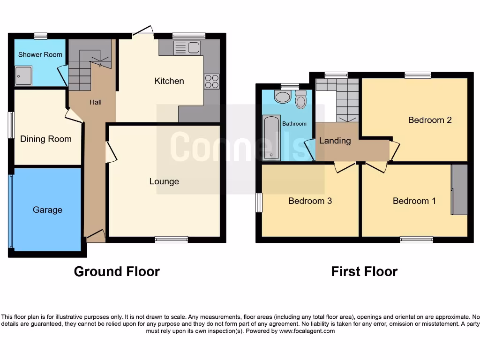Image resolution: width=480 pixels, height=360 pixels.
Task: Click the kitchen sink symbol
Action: pos(187,48)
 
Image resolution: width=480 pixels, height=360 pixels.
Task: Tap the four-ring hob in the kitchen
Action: pos(211,82)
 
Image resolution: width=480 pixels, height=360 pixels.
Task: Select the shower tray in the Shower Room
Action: pos(23,76)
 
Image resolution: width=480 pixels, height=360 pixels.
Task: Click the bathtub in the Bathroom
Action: pos(271,138)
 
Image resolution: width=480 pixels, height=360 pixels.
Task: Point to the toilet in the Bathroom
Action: pos(301,100)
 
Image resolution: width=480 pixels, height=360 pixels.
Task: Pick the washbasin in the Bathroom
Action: pos(282,97)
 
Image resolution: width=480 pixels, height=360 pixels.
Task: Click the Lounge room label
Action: pos(164,181)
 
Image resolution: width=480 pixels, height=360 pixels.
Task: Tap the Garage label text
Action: pos(47,210)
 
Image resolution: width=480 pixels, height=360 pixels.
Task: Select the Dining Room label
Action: pos(46,139)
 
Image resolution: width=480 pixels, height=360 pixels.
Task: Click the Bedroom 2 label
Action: pos(429,120)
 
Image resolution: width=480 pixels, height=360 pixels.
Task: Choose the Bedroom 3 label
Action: pos(310,201)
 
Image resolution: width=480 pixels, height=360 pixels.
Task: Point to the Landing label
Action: pos(335,141)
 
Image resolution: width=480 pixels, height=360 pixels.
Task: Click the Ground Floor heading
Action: pos(117,271)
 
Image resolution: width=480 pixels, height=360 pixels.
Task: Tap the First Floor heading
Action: pos(364,271)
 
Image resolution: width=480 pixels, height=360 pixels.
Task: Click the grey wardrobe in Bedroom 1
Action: pos(459,189)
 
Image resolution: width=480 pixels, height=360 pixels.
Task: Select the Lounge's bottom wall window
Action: pos(172,240)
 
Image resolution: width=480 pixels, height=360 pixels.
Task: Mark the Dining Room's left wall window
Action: pos(11,125)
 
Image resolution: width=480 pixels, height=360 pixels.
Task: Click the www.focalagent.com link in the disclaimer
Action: pos(307,331)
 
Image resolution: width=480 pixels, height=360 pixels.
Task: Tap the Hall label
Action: pos(95,102)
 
